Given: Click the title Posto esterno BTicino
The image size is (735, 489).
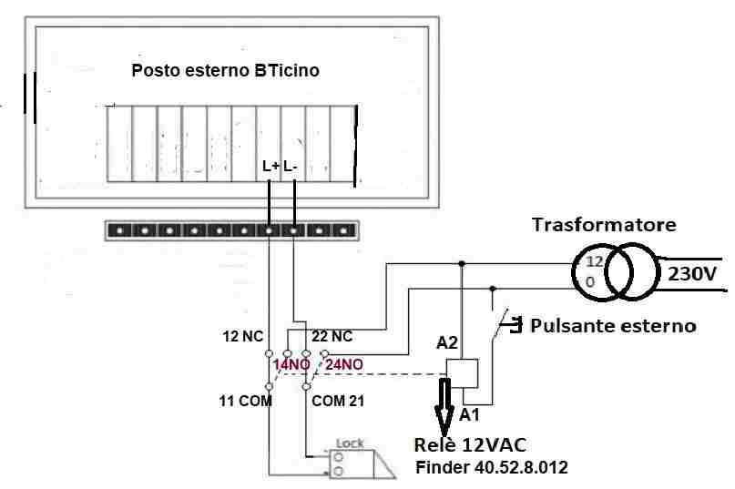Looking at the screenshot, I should (x=225, y=70).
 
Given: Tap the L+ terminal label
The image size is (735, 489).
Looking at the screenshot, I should (x=271, y=167).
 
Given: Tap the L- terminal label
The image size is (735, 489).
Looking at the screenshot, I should (x=291, y=167).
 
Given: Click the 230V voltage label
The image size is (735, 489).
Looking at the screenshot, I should (x=693, y=273).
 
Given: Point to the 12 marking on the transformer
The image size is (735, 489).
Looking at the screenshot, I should (x=594, y=262).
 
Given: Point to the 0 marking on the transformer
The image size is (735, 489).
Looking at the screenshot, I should (x=590, y=282).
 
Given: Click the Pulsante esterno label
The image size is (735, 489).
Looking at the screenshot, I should (x=613, y=325).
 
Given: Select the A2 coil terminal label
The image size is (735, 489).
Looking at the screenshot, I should (x=446, y=343).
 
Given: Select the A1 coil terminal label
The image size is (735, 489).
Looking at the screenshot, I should (x=468, y=414).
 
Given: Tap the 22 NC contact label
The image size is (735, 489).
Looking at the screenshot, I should (x=332, y=336).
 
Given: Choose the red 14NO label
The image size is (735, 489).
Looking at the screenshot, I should (x=291, y=366).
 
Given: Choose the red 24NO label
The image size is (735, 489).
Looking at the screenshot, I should (x=344, y=366).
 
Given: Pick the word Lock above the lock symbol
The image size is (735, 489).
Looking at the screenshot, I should (x=351, y=443).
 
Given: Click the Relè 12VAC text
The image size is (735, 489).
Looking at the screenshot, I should (x=469, y=445).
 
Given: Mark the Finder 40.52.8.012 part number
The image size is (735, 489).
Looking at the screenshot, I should (x=493, y=468).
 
